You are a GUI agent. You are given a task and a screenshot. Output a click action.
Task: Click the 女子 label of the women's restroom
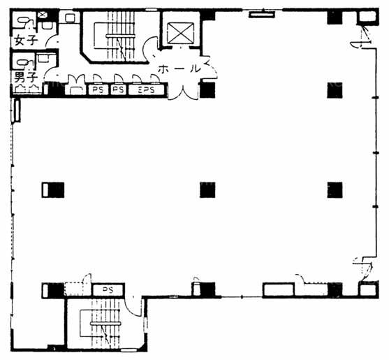[26, 41]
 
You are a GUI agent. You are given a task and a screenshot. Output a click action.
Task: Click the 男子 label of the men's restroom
[26, 77]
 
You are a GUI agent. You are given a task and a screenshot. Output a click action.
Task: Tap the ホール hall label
[179, 69]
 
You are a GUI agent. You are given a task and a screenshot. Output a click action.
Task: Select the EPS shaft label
[146, 89]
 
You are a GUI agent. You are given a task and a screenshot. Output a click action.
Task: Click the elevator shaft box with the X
[180, 33]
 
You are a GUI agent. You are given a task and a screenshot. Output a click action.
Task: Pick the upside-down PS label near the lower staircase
[108, 289]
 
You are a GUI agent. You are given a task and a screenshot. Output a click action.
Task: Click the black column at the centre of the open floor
[207, 190]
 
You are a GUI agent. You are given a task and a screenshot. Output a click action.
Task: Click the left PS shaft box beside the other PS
[98, 89]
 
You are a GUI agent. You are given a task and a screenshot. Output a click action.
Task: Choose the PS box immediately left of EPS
[118, 89]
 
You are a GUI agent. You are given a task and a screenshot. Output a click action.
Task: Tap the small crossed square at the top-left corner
[42, 15]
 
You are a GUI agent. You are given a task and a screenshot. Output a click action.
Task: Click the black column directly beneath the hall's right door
[207, 89]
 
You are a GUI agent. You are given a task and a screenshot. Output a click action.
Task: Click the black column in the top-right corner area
[335, 17]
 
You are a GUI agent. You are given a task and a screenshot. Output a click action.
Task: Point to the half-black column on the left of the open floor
[53, 190]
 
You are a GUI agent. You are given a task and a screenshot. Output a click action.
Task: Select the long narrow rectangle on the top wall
[262, 15]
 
